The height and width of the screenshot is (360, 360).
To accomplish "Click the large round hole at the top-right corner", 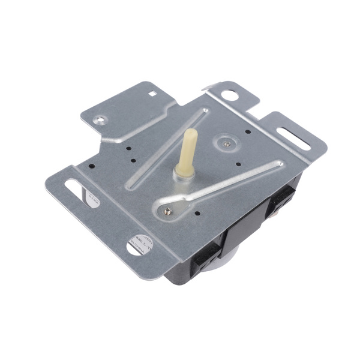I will point(229,94).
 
